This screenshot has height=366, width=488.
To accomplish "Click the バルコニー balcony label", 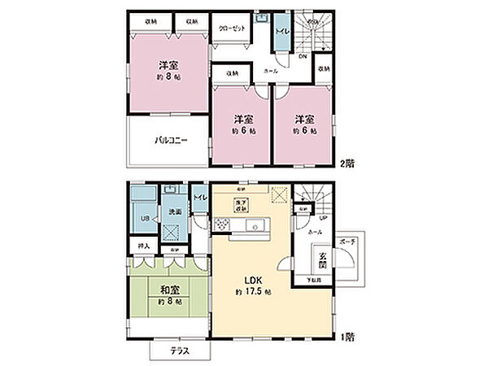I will pos(172,140).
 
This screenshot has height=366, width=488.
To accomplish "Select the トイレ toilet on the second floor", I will pos(281,33).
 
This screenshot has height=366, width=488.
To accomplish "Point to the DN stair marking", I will pos(302,57).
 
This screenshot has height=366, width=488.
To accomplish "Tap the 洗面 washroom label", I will pos(173,212).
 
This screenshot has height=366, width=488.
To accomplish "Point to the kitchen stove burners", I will pos(223,224).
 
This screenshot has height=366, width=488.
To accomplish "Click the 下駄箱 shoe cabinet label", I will pos(312,281).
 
